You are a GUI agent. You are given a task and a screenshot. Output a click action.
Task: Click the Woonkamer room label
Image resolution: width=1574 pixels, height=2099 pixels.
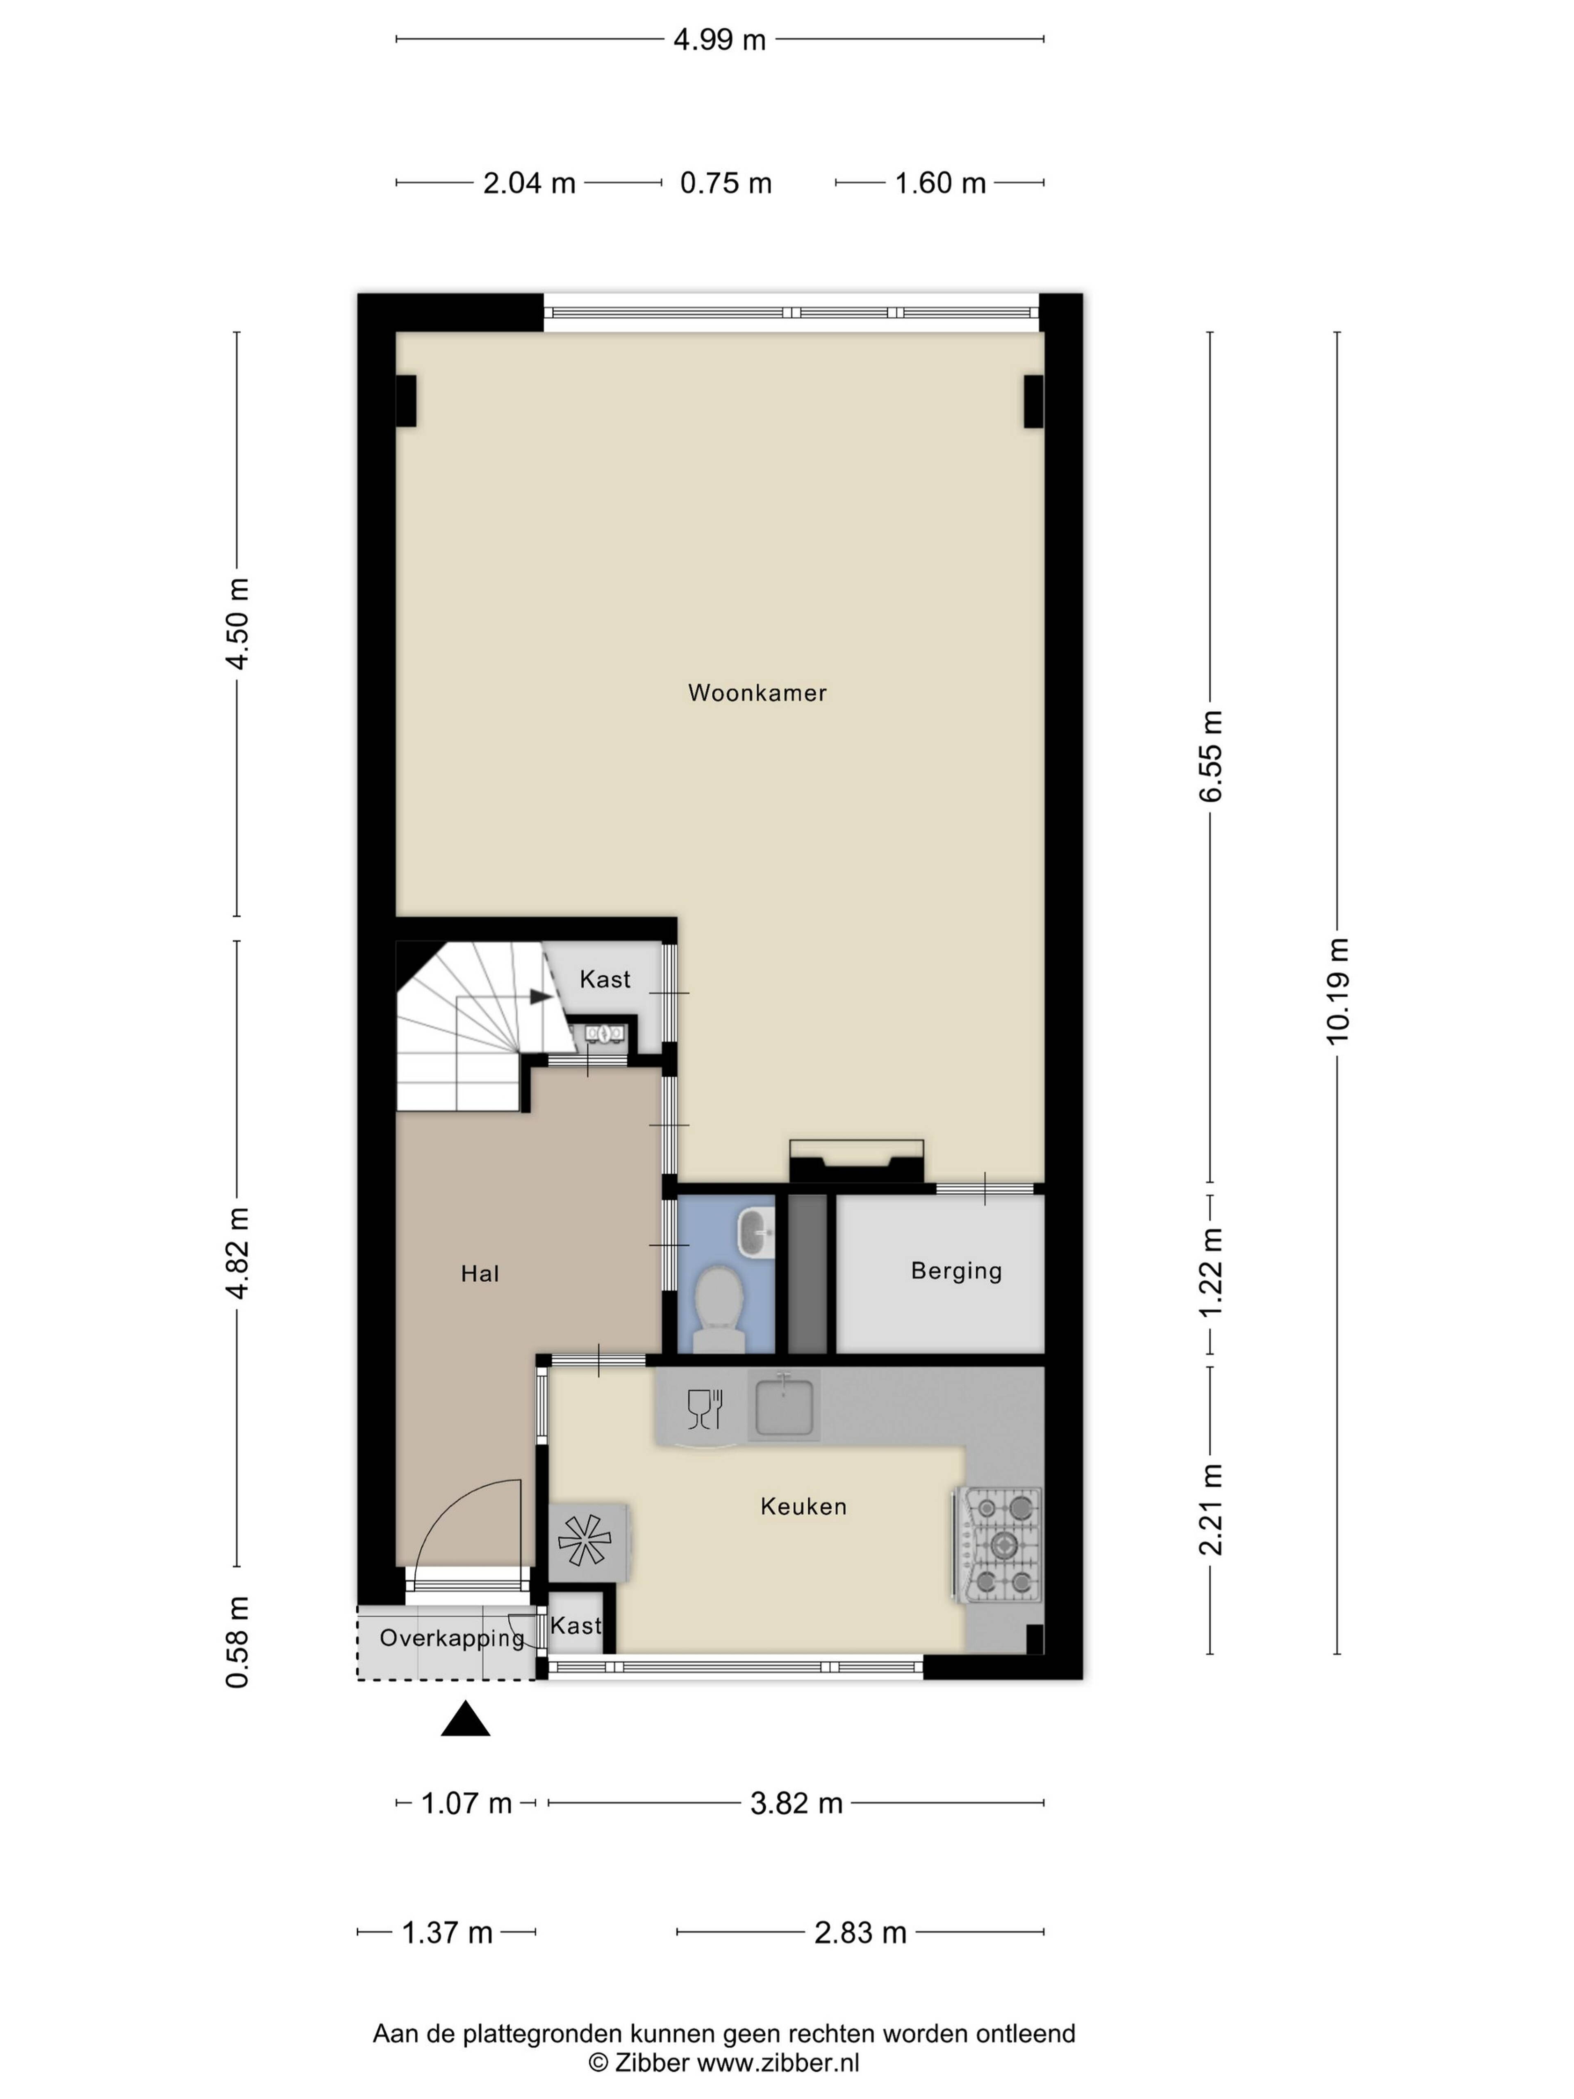coord(757,693)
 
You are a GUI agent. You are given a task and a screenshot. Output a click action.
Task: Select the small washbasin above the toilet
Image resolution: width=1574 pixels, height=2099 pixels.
coord(756,1232)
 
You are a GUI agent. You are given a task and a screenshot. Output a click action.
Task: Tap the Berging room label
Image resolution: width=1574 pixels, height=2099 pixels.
coord(956,1270)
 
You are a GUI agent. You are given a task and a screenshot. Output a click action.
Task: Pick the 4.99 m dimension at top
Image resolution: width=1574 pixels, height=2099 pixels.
coord(719,40)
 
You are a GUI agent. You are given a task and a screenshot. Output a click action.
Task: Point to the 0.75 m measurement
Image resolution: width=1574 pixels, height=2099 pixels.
coord(726,183)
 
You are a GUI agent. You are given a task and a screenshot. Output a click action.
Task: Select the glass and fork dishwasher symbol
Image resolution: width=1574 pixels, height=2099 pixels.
coord(705,1408)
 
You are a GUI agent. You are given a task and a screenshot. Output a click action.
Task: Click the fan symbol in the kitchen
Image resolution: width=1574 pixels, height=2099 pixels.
coord(585,1539)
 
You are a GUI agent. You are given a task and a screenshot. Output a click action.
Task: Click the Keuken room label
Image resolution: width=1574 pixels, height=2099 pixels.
coord(804,1506)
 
